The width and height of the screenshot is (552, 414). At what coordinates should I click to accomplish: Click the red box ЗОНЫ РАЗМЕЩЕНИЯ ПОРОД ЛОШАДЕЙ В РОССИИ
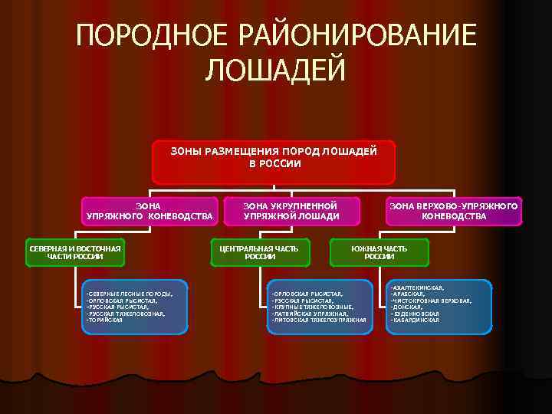[274, 161]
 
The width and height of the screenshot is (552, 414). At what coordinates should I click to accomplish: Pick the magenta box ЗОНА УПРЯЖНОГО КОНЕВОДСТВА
[149, 211]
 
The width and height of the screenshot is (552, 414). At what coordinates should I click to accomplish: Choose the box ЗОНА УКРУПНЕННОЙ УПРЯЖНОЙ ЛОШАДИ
[291, 211]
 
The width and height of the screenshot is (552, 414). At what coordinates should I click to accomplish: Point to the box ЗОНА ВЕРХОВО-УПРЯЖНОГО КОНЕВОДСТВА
[454, 211]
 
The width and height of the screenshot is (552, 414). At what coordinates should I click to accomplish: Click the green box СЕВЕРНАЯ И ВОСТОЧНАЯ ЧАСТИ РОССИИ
[75, 252]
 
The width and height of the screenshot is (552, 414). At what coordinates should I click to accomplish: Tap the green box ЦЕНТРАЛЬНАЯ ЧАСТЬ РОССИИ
[259, 252]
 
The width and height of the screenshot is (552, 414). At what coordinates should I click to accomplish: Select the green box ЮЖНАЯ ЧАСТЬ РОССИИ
[379, 252]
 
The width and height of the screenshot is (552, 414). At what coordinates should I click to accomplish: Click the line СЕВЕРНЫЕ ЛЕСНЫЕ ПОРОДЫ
[130, 294]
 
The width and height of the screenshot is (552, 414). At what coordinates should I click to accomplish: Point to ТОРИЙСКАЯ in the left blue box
[105, 320]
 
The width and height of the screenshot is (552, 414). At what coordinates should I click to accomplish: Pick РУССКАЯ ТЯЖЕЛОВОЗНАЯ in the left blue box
[127, 314]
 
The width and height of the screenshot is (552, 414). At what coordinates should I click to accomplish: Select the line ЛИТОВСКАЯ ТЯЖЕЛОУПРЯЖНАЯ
[319, 320]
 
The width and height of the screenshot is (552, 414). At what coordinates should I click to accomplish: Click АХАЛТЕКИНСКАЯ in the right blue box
[418, 287]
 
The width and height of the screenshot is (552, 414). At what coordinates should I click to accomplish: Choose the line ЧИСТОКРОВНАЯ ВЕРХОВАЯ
[431, 301]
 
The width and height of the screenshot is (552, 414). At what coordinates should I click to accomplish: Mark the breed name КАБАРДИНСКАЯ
[416, 320]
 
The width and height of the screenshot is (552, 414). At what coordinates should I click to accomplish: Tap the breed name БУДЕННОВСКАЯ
[416, 314]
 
